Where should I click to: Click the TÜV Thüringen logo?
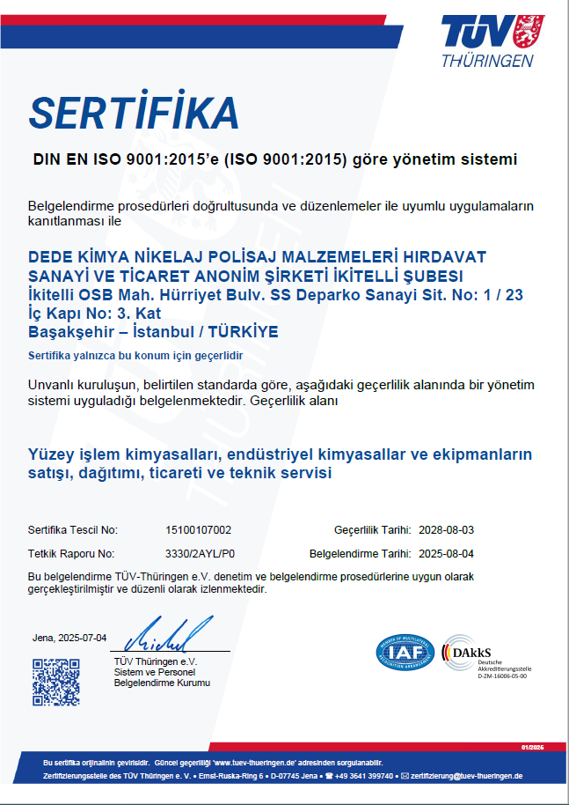[488, 41]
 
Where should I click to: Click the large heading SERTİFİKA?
[134, 112]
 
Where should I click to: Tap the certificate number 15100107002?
[198, 530]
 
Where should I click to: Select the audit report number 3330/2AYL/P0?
[201, 554]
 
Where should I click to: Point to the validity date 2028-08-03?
[447, 530]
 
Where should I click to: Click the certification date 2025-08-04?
[447, 554]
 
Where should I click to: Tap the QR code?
[55, 682]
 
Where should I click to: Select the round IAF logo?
[405, 653]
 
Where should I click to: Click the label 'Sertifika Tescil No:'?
[73, 530]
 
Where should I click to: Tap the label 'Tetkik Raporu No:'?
[71, 554]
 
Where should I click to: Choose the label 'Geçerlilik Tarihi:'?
[373, 530]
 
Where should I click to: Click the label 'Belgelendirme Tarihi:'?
[361, 554]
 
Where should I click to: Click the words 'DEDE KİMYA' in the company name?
[77, 256]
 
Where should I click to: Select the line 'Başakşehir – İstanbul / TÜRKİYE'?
[153, 332]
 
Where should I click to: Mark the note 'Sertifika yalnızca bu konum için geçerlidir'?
[135, 355]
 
